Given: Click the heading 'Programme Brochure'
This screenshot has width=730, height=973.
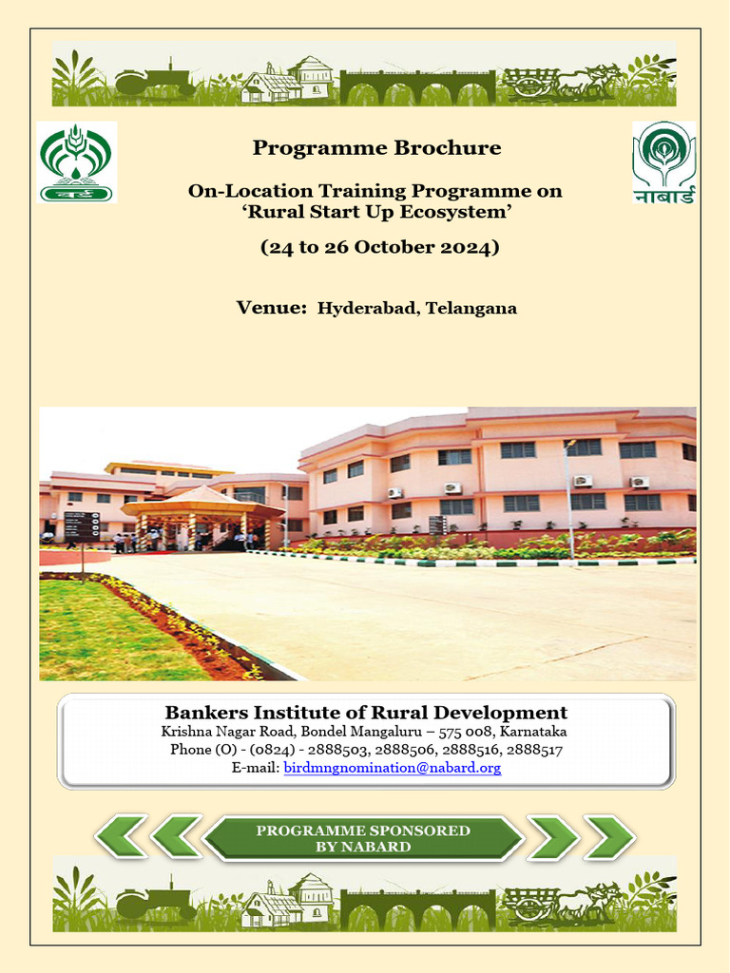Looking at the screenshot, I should (x=376, y=148).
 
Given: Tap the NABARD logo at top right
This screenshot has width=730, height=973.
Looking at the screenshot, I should (x=663, y=162).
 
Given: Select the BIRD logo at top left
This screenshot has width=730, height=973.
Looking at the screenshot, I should (x=76, y=161).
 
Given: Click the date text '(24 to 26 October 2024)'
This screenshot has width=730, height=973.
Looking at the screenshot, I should (x=379, y=248).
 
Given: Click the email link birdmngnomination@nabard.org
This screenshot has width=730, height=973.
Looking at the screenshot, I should (x=392, y=768).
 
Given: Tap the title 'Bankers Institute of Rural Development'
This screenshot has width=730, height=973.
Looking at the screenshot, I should (x=366, y=713).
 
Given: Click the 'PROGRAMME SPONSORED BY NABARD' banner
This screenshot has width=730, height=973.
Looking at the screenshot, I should (x=363, y=838).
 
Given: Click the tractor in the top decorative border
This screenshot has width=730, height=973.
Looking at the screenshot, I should (x=154, y=77).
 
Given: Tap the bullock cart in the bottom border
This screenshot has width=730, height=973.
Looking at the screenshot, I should (x=561, y=903).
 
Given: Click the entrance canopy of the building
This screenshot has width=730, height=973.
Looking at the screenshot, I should (x=202, y=504).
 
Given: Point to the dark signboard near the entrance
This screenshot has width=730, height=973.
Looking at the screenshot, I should (x=82, y=526).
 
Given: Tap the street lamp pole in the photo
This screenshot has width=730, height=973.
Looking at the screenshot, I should (x=570, y=494).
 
